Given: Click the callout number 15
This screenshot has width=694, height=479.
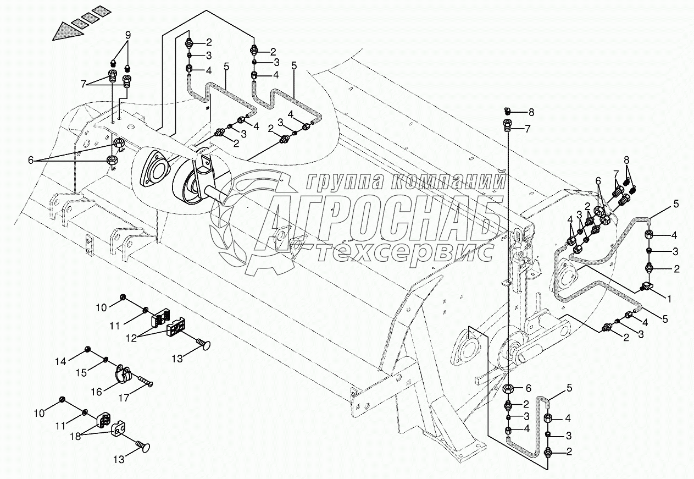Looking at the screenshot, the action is pos(81,373).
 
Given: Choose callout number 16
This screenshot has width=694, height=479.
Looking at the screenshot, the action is pos(96,392).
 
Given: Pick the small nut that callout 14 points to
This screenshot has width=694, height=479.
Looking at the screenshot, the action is pos(88,349).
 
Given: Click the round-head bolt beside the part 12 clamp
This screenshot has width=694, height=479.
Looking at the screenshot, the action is pos(203,345).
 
